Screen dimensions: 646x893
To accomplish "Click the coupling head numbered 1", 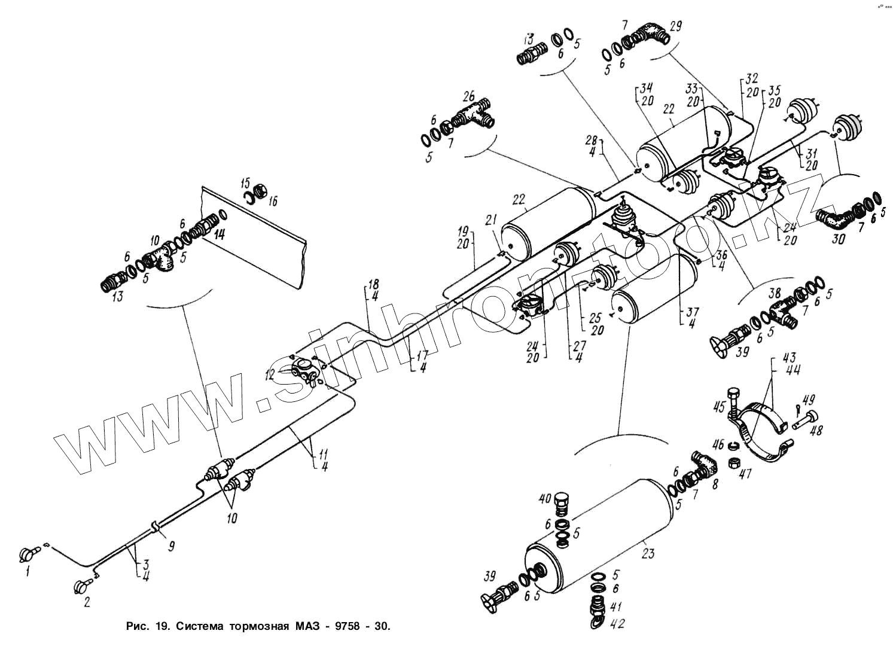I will (28, 553).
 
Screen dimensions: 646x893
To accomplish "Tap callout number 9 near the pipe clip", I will (171, 546).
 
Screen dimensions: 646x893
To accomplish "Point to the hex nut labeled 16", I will (261, 191).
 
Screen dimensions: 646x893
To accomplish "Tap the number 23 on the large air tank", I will (648, 553).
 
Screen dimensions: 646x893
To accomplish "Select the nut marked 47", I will (733, 462).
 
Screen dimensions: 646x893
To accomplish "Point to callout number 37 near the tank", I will (691, 312).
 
